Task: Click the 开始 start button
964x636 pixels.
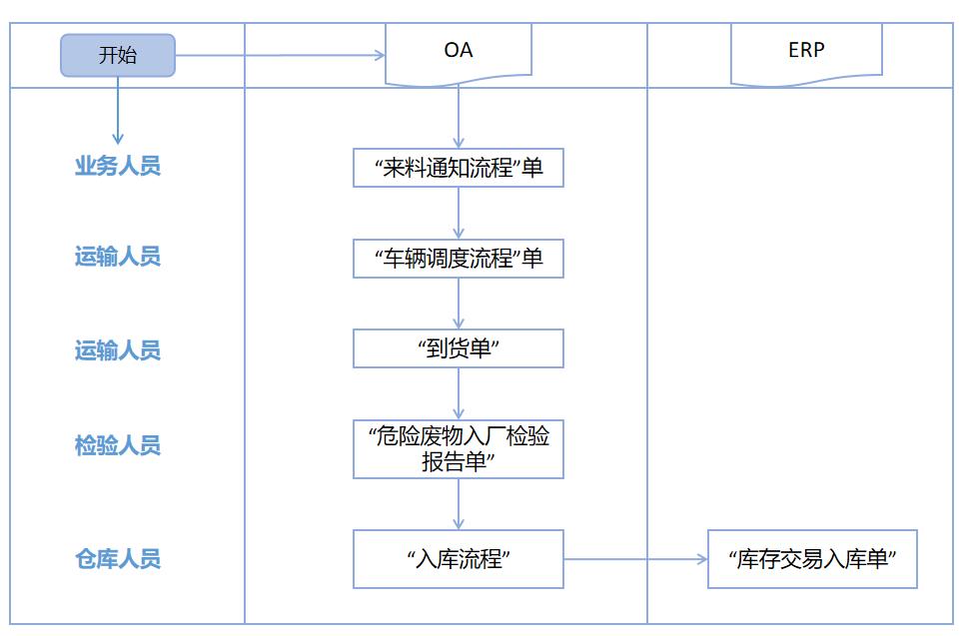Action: coord(118,56)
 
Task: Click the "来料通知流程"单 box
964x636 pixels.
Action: coord(459,168)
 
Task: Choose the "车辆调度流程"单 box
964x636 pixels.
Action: coord(459,259)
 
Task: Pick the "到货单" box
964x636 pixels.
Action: coord(459,348)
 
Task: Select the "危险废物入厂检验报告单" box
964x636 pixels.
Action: coord(459,448)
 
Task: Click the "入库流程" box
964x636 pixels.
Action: coord(459,559)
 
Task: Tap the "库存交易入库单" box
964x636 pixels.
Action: coord(812,559)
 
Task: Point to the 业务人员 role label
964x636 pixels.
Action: coord(118,166)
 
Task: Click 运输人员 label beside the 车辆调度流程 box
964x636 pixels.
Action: coord(118,258)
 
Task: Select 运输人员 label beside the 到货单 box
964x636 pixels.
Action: coord(118,350)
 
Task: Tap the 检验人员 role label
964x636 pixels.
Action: coord(118,445)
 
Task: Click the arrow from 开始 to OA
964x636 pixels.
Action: coord(280,56)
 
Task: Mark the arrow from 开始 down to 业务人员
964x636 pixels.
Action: coord(118,110)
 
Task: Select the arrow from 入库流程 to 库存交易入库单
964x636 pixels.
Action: coord(635,559)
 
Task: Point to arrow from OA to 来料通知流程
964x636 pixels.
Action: coord(459,118)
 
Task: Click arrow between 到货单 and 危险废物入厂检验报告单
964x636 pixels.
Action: coord(459,393)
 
